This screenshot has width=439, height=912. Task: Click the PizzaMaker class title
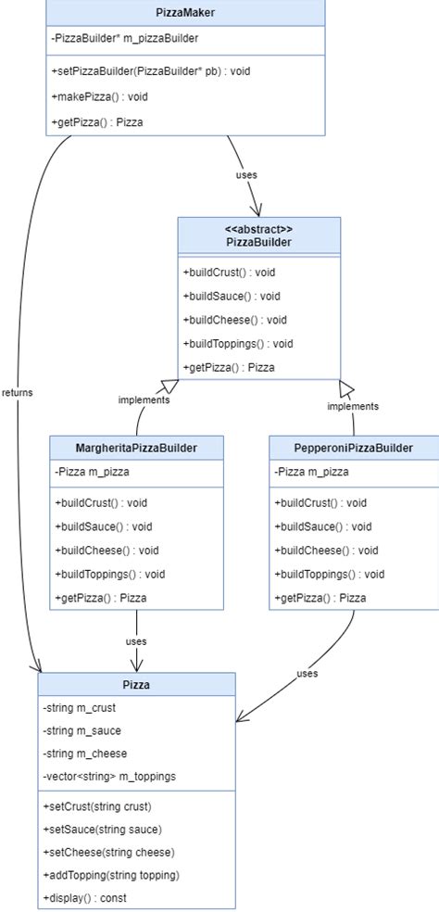[185, 13]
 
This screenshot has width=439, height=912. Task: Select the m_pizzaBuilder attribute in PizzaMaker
[125, 38]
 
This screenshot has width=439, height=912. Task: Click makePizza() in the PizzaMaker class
[100, 96]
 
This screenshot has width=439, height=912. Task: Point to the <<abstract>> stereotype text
[259, 228]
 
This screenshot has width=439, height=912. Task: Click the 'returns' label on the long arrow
[17, 392]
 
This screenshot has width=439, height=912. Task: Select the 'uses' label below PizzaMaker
[245, 173]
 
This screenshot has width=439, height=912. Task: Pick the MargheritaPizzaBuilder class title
[136, 448]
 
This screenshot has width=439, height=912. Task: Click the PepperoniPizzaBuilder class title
[353, 448]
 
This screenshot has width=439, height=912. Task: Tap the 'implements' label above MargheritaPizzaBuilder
[144, 400]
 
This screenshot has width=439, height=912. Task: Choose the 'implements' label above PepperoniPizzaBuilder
[353, 406]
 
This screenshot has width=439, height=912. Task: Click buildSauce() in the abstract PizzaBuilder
[232, 297]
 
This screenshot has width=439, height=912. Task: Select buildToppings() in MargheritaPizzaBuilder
[109, 574]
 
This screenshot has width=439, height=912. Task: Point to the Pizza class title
[136, 685]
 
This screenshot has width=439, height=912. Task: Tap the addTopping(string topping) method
[110, 875]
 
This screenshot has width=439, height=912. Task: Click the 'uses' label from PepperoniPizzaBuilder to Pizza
[307, 673]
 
